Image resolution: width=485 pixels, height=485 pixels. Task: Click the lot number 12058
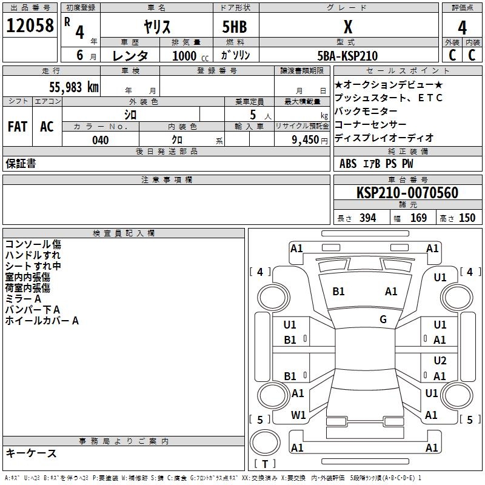[30, 25]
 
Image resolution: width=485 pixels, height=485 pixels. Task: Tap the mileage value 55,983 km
[74, 87]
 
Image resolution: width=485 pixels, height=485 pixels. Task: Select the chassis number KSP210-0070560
[407, 193]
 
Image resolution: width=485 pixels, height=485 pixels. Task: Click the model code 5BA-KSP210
[347, 56]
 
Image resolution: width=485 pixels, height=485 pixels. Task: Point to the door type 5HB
[235, 27]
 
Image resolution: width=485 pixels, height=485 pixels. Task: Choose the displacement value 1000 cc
[190, 56]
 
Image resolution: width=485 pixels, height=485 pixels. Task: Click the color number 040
[101, 140]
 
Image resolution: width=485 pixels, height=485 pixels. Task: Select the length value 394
[368, 218]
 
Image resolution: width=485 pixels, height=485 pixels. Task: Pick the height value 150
[467, 218]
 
